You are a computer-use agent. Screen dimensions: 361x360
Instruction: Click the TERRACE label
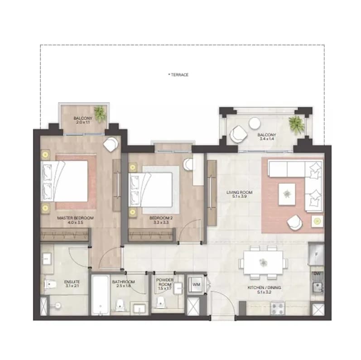coord(178,75)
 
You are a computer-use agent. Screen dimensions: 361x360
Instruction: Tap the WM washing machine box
coord(196,284)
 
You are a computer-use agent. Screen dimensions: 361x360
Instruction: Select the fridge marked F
coord(316,254)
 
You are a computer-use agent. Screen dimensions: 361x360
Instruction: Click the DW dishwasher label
coord(317,274)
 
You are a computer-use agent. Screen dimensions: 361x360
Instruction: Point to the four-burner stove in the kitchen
coord(278,308)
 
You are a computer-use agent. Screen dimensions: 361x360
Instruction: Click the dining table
coord(263,263)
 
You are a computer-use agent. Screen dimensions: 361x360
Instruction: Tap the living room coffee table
coord(287,194)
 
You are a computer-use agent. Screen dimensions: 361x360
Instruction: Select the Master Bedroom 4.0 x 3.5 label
coord(75,220)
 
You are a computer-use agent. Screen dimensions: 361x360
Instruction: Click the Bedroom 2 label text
coord(161,220)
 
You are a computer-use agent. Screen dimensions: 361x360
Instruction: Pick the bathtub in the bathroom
coord(100,295)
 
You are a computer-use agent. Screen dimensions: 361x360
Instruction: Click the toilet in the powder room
coord(160,302)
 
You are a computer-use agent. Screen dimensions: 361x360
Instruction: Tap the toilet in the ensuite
coord(50,284)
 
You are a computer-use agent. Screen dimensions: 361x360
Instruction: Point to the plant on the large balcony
coord(297,124)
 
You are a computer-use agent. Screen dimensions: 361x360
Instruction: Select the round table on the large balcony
coord(255,123)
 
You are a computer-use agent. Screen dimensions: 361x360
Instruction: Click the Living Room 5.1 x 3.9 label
coord(240,194)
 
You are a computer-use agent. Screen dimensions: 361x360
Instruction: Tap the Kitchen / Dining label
coord(264,290)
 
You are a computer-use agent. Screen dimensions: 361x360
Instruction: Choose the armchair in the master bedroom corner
coord(111,144)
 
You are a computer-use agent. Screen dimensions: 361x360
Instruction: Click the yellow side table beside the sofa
coord(318,221)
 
